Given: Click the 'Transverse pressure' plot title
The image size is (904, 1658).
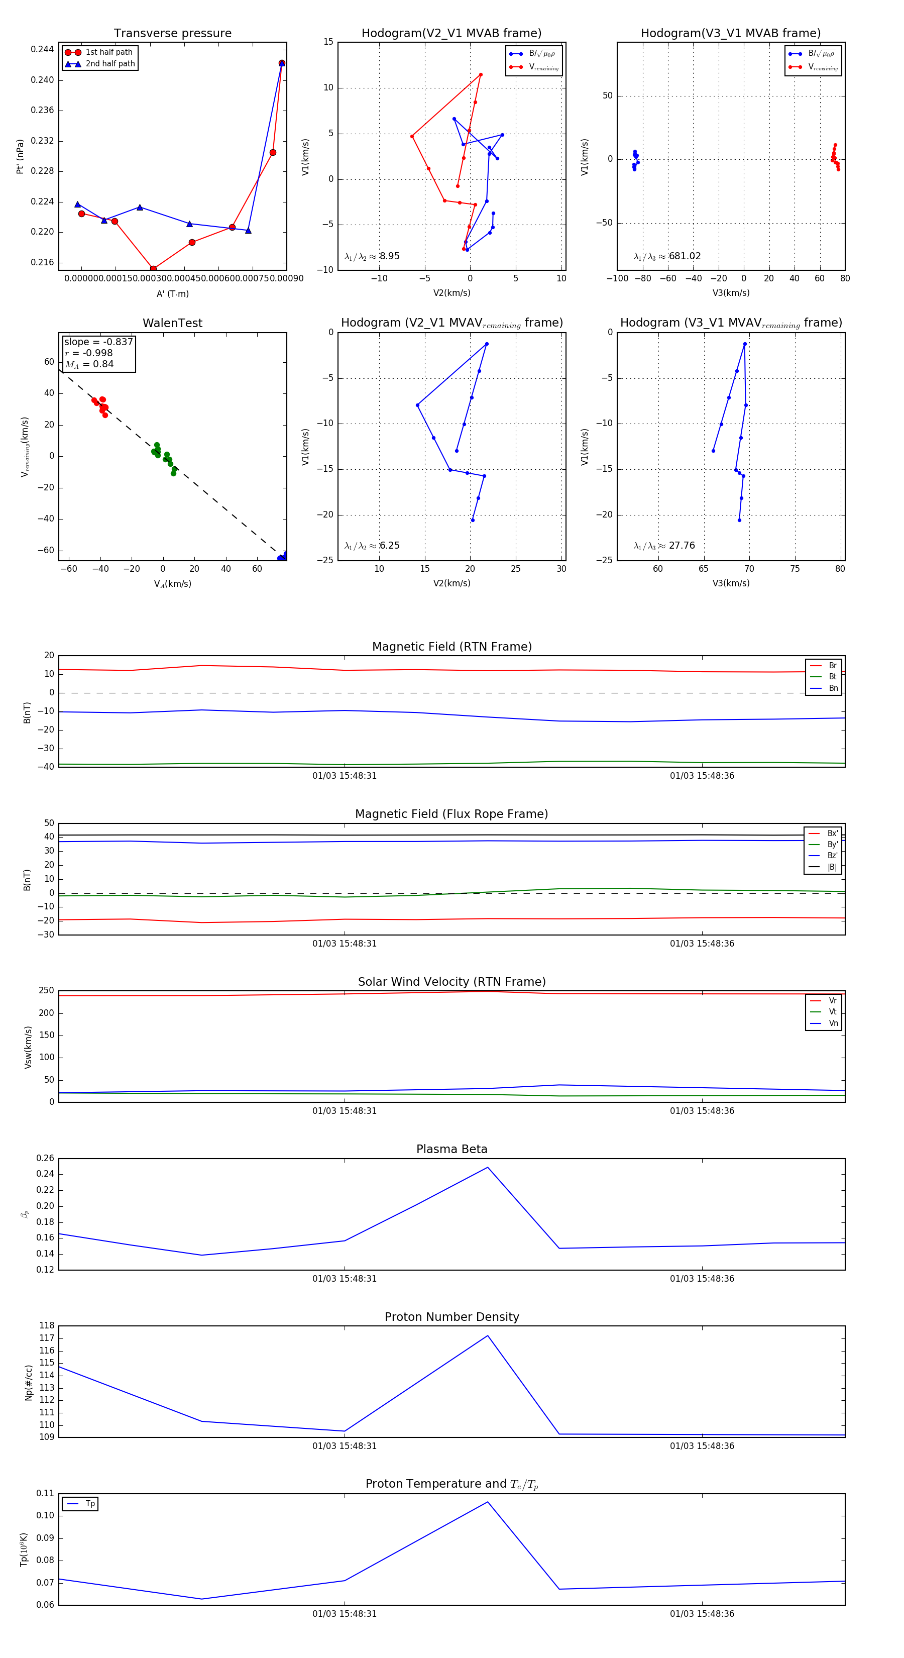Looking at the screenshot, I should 172,34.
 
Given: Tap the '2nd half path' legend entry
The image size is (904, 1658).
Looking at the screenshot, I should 110,64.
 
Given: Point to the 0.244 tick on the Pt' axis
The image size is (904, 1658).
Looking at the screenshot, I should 43,50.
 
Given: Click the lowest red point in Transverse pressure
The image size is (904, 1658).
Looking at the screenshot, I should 153,268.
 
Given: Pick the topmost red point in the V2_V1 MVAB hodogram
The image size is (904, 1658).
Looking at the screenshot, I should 481,75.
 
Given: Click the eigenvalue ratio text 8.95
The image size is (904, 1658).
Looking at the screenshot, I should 389,256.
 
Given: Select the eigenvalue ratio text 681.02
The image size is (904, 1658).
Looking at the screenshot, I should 685,256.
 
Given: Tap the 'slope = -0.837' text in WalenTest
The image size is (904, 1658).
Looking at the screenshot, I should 98,342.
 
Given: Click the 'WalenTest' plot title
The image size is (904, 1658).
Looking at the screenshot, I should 172,323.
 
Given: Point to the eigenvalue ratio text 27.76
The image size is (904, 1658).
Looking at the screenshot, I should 682,546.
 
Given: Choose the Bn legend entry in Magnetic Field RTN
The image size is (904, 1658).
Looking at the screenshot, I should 833,688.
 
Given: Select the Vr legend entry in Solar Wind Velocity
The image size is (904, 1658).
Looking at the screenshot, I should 833,1001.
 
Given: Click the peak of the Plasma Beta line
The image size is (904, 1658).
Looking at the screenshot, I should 488,1168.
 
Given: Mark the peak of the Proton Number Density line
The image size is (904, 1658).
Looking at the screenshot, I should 488,1335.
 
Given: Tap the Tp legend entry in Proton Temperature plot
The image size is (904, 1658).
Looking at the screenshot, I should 89,1504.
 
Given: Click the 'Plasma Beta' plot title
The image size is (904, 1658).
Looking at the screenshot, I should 451,1149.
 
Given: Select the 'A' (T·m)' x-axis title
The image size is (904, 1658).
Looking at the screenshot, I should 172,293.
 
